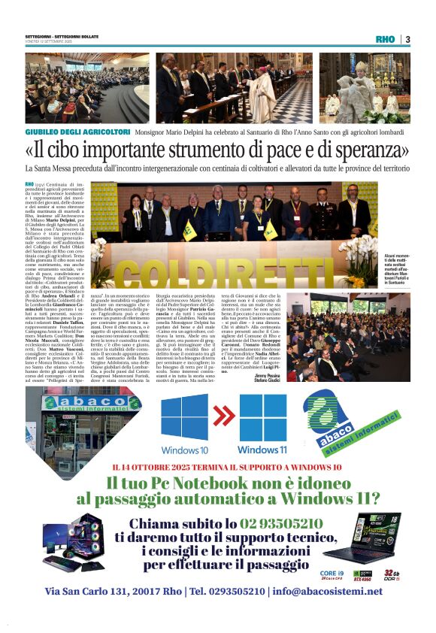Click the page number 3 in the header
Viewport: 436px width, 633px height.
pyautogui.click(x=407, y=40)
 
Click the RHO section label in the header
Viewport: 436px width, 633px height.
pyautogui.click(x=385, y=40)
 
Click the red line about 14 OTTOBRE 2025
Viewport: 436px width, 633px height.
pyautogui.click(x=217, y=468)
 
